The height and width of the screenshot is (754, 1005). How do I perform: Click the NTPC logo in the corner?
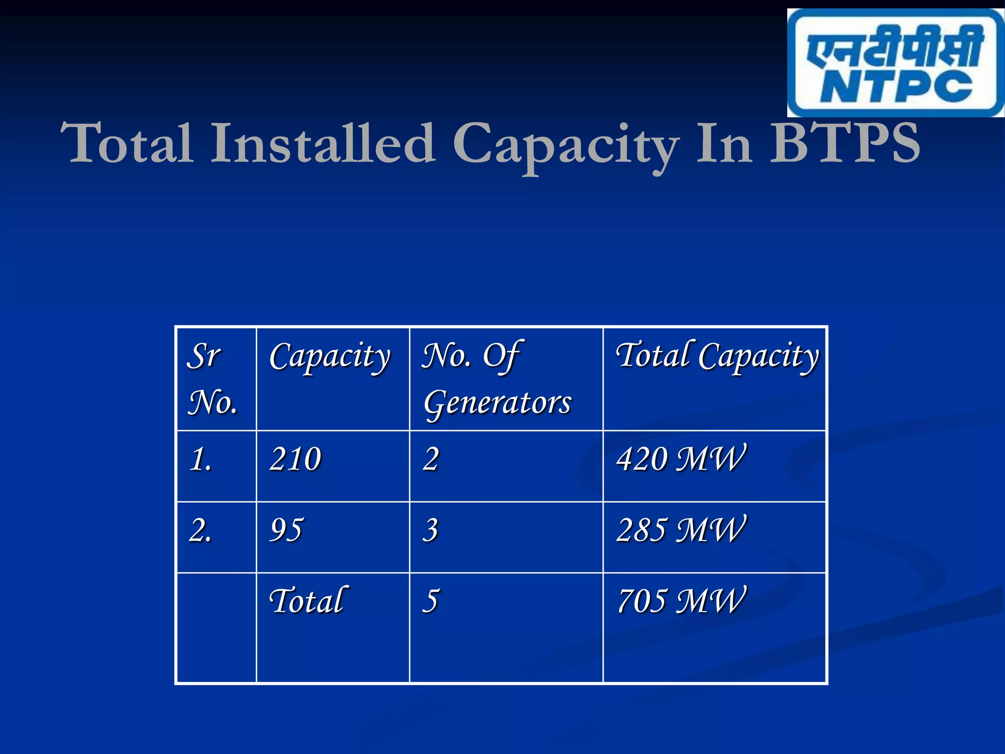click(895, 63)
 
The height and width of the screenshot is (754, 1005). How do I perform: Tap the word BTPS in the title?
click(844, 143)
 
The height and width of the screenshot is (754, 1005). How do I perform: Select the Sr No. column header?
click(212, 378)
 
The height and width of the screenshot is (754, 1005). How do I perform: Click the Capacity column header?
click(330, 357)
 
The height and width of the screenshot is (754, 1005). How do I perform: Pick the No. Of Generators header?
click(497, 378)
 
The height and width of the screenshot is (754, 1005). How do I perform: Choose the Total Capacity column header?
click(717, 357)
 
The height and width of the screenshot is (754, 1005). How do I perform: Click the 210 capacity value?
click(295, 459)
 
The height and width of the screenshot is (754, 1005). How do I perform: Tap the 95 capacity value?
click(286, 531)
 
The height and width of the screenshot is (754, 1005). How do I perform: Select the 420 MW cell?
click(681, 459)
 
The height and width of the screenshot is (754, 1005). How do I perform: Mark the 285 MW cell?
click(681, 531)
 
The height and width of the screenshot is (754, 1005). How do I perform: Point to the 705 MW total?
click(681, 601)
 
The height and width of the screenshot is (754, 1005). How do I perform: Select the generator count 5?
click(430, 601)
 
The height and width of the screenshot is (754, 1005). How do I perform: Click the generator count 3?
click(430, 531)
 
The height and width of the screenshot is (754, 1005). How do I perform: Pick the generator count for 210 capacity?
click(430, 459)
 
